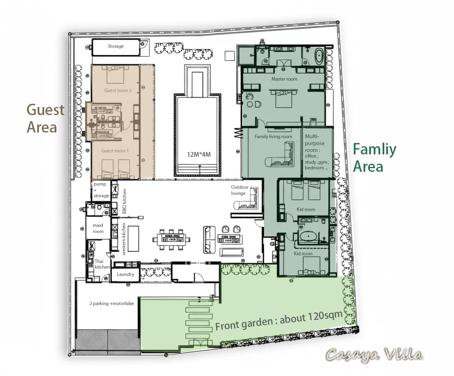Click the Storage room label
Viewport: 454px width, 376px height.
116,46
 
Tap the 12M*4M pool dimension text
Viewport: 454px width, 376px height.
199,154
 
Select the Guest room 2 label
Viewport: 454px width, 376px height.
118,90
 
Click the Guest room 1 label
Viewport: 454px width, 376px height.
115,151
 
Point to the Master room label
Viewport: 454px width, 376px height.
284,79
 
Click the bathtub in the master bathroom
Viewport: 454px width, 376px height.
319,56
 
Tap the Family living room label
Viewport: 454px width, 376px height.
273,137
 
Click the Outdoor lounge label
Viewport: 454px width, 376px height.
240,190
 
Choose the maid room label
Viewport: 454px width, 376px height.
98,229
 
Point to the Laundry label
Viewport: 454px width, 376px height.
125,274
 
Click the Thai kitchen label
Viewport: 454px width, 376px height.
102,264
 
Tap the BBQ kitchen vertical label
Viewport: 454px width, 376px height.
124,201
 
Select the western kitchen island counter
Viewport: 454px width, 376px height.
133,239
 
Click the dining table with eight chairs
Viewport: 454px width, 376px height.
171,240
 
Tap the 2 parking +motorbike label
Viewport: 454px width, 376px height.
111,303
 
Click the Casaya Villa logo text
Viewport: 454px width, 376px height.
374,355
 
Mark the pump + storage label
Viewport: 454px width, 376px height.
101,190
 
